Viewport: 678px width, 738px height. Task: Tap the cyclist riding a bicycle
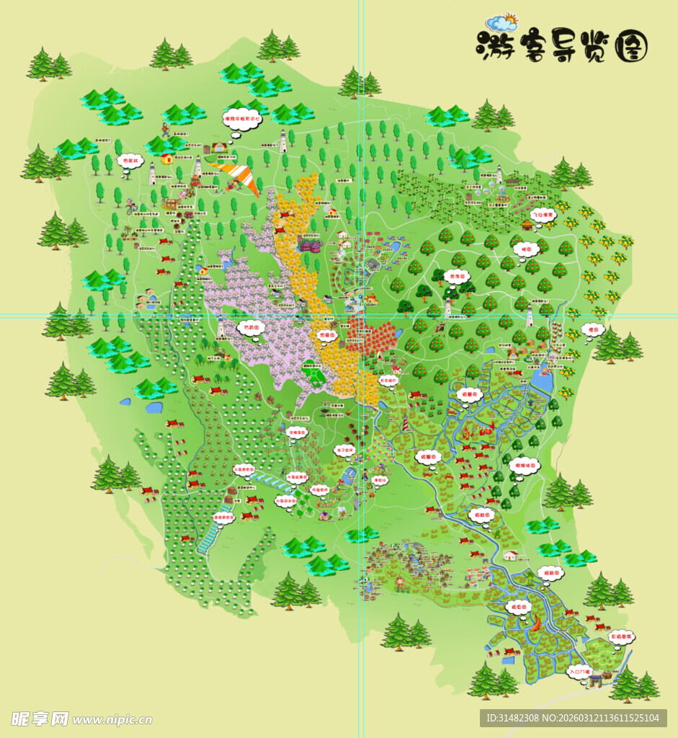pos(130,207)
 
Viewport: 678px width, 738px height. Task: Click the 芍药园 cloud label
pos(251,327)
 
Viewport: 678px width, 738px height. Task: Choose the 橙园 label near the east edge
pos(593,329)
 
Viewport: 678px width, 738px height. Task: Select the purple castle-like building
pos(311,246)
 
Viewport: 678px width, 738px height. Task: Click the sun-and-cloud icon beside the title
pos(501,23)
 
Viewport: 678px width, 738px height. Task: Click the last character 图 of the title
pos(631,48)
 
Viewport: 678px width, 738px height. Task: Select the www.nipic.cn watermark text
pos(112,719)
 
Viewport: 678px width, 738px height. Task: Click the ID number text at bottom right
pos(573,718)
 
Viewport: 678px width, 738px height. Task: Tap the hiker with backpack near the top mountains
pos(166,130)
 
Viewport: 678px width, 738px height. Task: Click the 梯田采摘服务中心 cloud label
pos(241,118)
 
